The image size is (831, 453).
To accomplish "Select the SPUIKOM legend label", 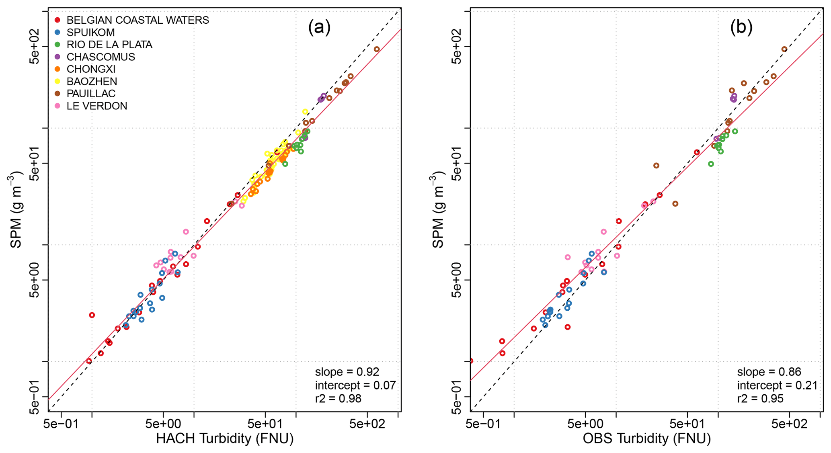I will pos(90,33).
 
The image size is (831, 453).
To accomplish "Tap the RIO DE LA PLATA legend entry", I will pos(109,45).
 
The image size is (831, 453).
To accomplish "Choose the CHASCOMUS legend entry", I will pos(101,57).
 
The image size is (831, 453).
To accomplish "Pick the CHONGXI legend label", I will pos(91,69).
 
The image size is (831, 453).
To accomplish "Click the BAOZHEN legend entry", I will pos(92,82).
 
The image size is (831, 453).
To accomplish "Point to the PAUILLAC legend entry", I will pos(91,94).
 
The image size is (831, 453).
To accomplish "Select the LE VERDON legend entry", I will pos(96,106).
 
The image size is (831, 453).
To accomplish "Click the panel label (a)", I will pos(319,27).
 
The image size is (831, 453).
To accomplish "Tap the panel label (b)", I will pos(741,27).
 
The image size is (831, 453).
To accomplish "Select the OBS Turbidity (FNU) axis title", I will pos(646,439).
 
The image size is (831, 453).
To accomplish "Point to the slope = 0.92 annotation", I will pos(347,372).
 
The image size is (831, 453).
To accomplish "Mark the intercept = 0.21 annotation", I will pos(777,385).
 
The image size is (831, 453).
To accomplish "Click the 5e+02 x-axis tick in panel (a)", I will pos(367,424).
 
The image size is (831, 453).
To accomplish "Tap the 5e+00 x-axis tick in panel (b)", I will pos(585,424).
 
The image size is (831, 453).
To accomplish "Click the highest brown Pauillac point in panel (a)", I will pos(377,49).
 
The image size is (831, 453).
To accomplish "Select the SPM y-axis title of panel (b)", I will pos(438,210).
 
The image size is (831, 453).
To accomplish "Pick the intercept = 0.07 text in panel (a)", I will pos(355,385).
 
